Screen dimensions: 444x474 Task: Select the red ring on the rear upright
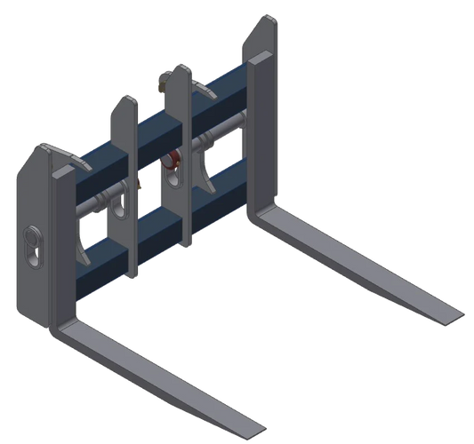click(173, 160)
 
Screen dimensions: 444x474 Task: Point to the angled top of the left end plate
click(49, 151)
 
